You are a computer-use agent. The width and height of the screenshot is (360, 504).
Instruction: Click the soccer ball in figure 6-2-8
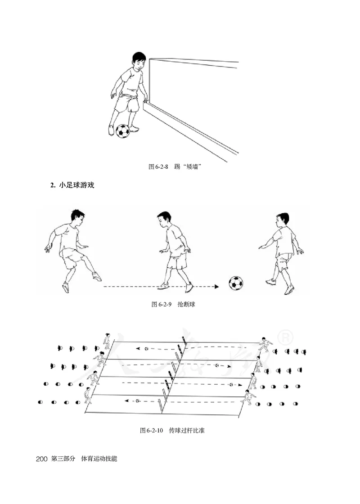[x=122, y=131]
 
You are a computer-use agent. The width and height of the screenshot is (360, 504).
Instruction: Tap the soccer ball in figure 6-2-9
[x=235, y=283]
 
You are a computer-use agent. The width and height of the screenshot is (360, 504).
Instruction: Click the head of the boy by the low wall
[x=137, y=60]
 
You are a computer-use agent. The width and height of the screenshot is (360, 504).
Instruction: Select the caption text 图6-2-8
[x=158, y=167]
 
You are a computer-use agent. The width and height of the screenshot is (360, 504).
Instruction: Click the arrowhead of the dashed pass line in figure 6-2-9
[x=217, y=286]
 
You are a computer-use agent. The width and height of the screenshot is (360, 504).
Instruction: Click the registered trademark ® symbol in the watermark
[x=287, y=337]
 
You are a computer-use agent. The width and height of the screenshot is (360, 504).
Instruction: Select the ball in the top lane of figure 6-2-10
[x=146, y=348]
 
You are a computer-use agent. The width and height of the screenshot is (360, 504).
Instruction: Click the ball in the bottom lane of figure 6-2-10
[x=137, y=400]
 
